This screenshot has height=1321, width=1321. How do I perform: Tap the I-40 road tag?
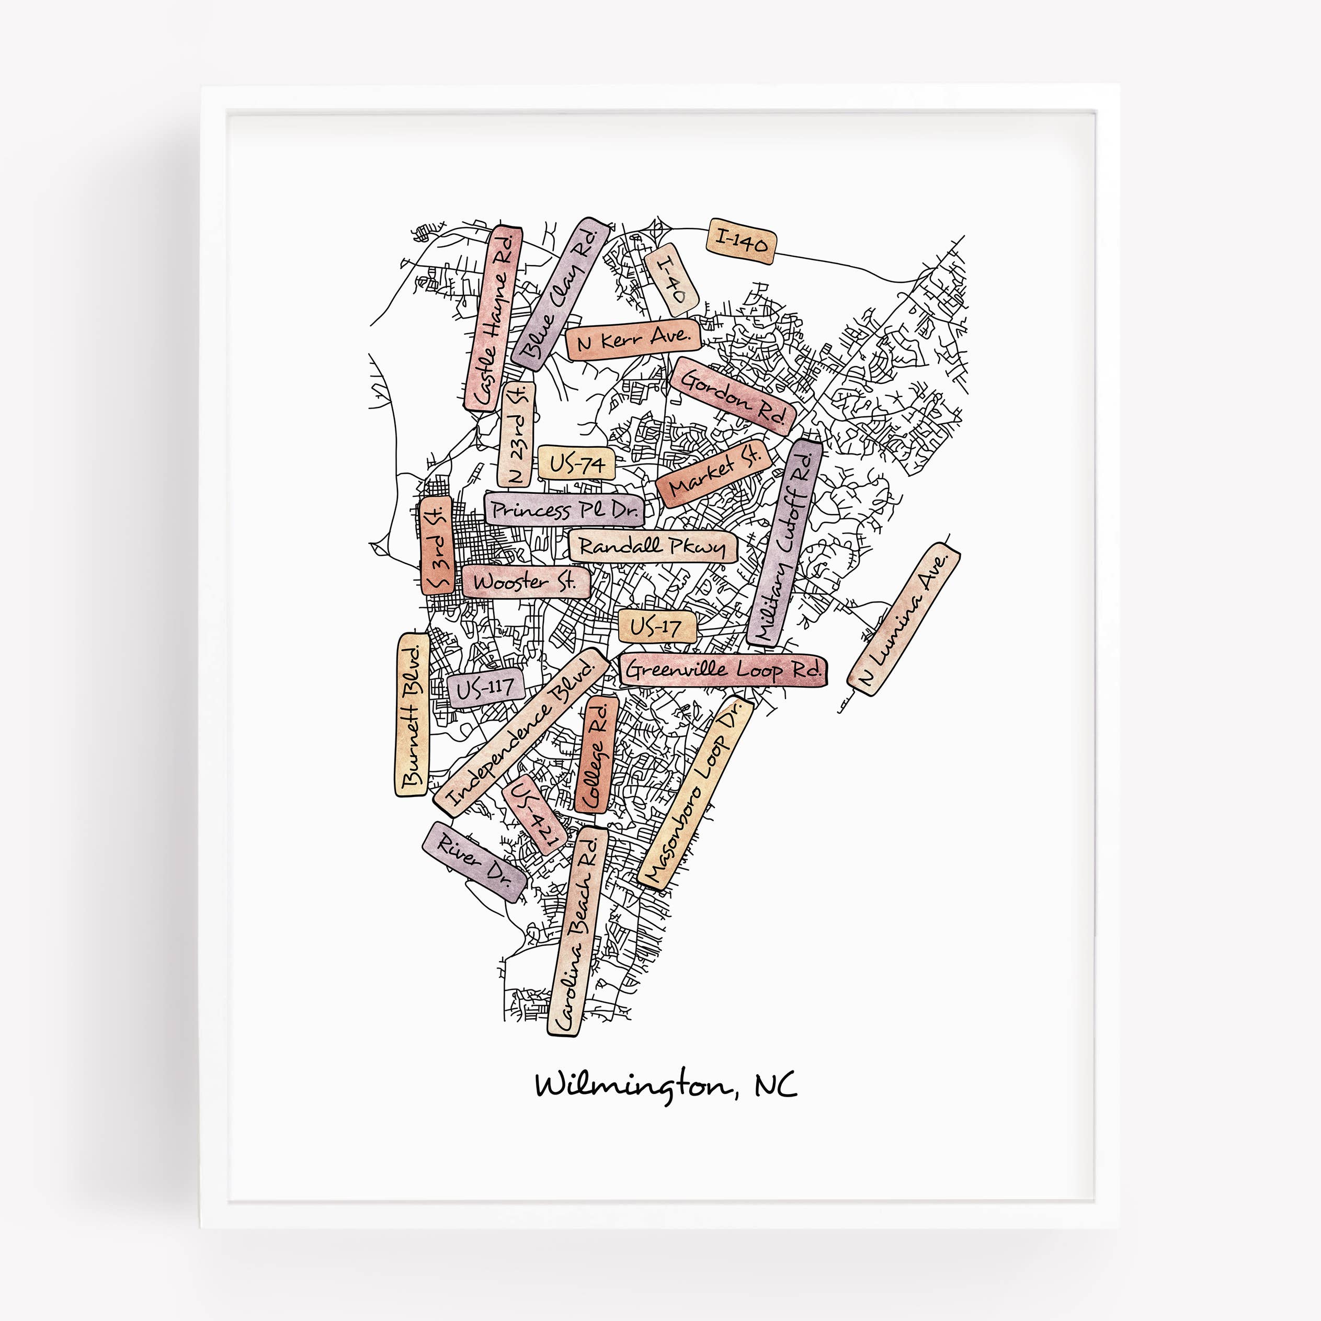tap(671, 280)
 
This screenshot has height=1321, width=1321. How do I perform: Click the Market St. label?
tap(714, 473)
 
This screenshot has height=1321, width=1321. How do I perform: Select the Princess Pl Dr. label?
tap(564, 509)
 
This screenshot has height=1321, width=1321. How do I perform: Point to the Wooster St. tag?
tap(525, 583)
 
